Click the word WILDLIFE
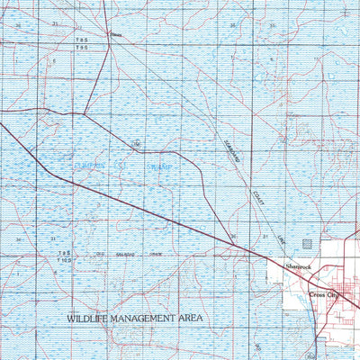(x=90, y=319)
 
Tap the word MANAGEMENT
(x=149, y=319)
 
